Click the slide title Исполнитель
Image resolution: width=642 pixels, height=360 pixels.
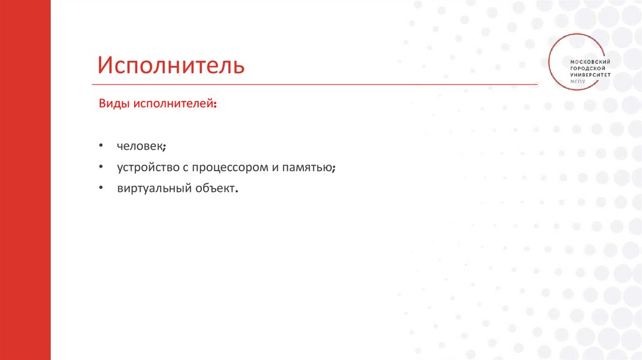click(171, 65)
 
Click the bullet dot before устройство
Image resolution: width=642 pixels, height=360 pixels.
click(100, 167)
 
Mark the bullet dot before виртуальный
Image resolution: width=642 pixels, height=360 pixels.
click(100, 188)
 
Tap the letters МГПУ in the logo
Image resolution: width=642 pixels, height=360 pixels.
click(576, 81)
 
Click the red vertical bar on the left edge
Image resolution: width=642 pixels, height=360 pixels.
click(25, 180)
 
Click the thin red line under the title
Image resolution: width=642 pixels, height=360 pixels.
click(313, 84)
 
